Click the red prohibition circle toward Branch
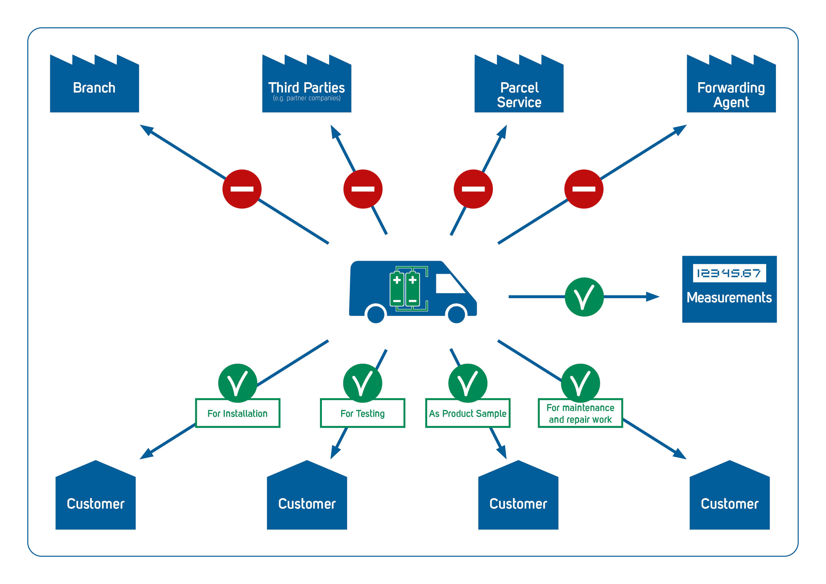pos(242,189)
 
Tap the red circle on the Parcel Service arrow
pos(473,189)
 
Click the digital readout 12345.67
pos(729,273)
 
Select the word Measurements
pos(729,298)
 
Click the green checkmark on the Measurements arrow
pos(584,297)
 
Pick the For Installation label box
pos(237,413)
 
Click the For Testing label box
pos(363,413)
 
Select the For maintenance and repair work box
pos(580,413)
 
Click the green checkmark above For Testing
pos(363,383)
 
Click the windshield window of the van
pos(450,284)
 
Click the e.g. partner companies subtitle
pos(307,98)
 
